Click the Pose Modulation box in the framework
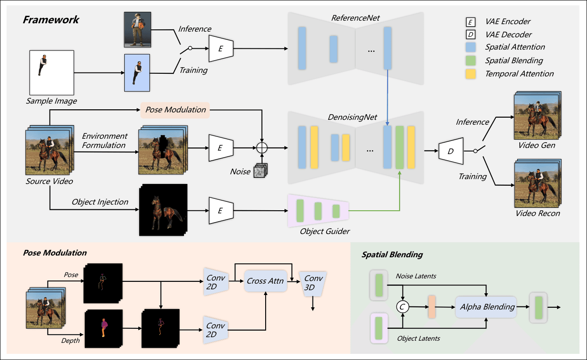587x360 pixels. (x=175, y=110)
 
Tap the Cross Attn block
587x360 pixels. (x=266, y=281)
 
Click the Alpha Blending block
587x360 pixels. (x=487, y=307)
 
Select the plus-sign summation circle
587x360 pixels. (x=262, y=148)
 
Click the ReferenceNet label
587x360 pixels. (x=356, y=18)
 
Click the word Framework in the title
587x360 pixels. (x=51, y=20)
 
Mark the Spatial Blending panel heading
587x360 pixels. (x=392, y=255)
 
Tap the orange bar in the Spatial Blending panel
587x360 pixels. (x=431, y=307)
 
